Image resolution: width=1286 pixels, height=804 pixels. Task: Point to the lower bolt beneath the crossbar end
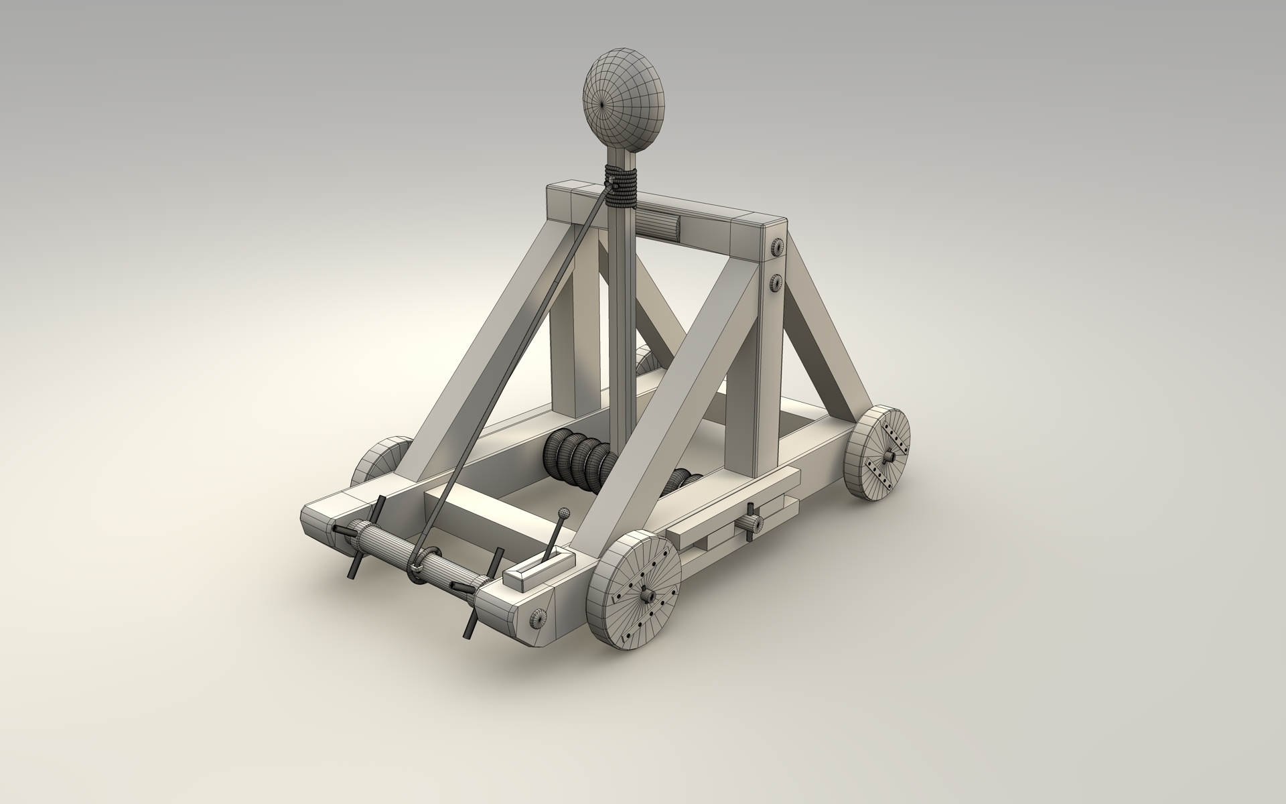(x=776, y=283)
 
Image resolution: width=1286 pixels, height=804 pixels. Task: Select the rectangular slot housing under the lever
(x=540, y=567)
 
